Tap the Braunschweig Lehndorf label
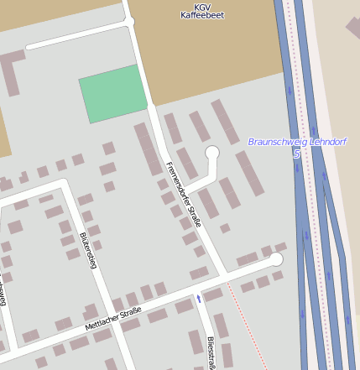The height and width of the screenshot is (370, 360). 297,142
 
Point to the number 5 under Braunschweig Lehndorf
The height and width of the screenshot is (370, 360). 296,154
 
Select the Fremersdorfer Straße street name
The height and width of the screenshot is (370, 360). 184,194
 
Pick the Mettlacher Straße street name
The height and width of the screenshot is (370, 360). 112,320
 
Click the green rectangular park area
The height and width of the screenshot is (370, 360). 114,92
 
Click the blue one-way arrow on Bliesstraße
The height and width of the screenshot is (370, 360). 199,298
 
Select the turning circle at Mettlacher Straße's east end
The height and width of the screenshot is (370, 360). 276,259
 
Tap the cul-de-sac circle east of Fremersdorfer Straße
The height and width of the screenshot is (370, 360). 212,152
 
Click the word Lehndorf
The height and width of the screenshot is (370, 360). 328,142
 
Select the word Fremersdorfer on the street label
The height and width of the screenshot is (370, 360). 178,183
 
